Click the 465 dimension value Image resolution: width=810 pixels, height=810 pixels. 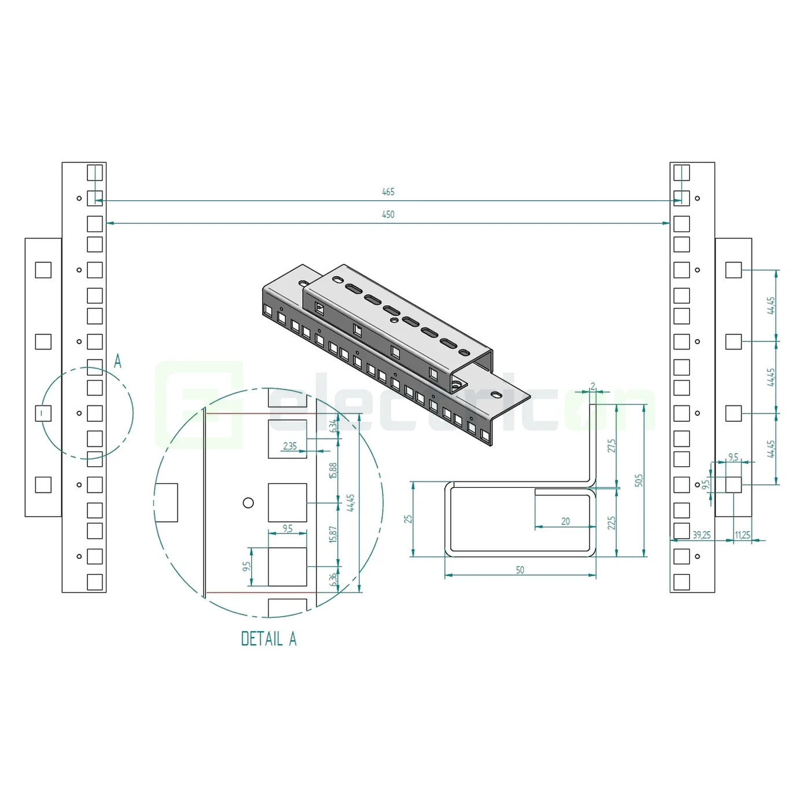pyautogui.click(x=388, y=192)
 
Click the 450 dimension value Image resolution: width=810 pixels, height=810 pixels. pyautogui.click(x=388, y=215)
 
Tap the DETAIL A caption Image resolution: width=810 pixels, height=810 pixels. pyautogui.click(x=268, y=639)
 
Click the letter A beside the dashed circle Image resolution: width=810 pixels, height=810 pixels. pyautogui.click(x=117, y=362)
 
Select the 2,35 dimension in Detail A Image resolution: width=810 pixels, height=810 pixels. pyautogui.click(x=290, y=446)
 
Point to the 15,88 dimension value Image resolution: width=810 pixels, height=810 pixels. pyautogui.click(x=333, y=470)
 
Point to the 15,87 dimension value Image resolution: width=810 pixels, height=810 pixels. pyautogui.click(x=333, y=534)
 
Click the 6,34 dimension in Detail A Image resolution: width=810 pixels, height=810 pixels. pyautogui.click(x=333, y=426)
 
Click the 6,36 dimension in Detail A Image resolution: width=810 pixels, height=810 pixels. pyautogui.click(x=333, y=579)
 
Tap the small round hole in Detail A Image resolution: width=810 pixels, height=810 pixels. pyautogui.click(x=248, y=502)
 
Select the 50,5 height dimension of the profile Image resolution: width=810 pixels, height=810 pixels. pyautogui.click(x=639, y=480)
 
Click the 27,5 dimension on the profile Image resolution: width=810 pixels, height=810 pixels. pyautogui.click(x=612, y=446)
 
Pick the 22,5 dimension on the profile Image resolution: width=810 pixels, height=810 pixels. pyautogui.click(x=612, y=523)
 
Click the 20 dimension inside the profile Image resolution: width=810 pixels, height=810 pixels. pyautogui.click(x=565, y=521)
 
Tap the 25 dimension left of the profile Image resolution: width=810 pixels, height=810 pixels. pyautogui.click(x=408, y=519)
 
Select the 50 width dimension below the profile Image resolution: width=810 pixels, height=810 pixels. pyautogui.click(x=520, y=570)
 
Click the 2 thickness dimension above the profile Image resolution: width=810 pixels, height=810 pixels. pyautogui.click(x=593, y=386)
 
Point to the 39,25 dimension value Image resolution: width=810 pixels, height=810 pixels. pyautogui.click(x=701, y=535)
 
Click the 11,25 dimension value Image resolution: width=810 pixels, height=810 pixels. pyautogui.click(x=742, y=535)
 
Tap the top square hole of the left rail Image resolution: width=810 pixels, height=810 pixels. pyautogui.click(x=95, y=172)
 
